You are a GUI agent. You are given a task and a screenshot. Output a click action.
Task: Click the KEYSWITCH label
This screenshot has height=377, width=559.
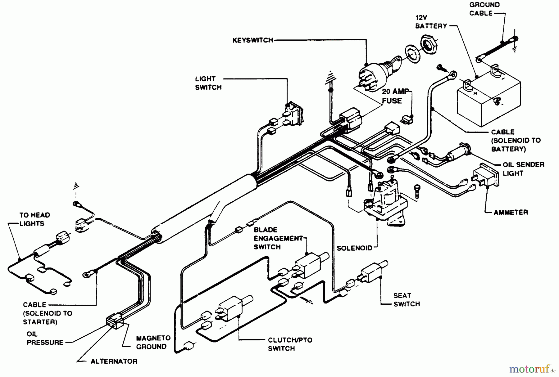[253, 40]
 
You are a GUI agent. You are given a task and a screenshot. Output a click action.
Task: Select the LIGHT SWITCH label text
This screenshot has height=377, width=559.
[208, 83]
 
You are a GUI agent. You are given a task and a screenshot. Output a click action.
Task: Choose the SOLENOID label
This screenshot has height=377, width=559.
[354, 248]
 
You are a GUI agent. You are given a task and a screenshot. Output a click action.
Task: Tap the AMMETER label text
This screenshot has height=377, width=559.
[511, 213]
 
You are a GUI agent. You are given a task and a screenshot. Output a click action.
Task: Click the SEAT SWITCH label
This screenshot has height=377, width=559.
[407, 300]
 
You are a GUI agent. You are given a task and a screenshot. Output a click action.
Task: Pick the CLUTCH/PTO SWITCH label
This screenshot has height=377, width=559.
[290, 344]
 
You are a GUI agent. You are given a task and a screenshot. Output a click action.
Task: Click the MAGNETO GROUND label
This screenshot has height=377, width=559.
[153, 342]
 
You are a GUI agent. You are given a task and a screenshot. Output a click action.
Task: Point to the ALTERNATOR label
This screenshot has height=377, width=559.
[114, 361]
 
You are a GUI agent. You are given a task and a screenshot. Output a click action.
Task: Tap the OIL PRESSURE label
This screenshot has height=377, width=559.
[45, 338]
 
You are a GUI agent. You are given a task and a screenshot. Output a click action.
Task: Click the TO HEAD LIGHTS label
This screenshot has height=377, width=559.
[34, 219]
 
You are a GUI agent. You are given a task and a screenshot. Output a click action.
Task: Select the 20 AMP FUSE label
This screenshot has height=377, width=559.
[395, 96]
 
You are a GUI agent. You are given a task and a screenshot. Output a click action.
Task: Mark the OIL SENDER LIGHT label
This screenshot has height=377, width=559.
[523, 169]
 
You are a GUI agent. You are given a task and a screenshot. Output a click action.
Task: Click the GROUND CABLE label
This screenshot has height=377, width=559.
[484, 9]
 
